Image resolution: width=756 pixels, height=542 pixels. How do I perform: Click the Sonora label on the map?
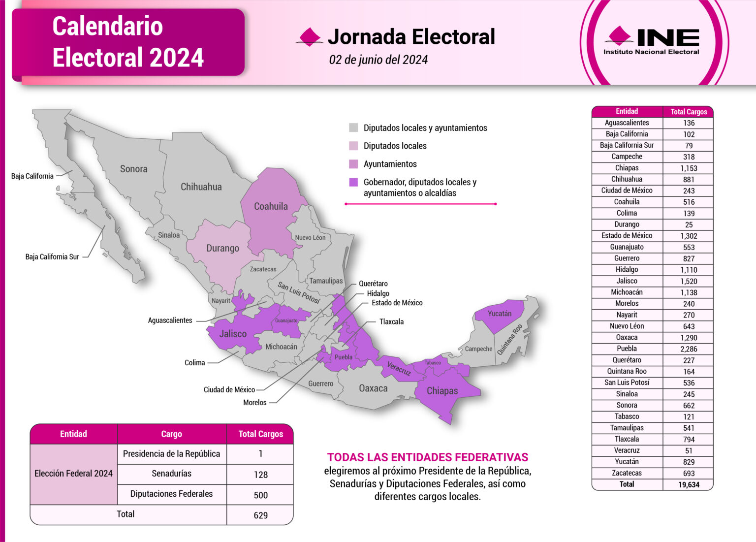pyautogui.click(x=133, y=169)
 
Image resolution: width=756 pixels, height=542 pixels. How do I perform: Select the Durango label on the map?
pyautogui.click(x=222, y=248)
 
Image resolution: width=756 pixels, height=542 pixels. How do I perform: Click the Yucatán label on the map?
pyautogui.click(x=499, y=314)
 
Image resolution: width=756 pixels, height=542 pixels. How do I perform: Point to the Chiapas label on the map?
pyautogui.click(x=442, y=391)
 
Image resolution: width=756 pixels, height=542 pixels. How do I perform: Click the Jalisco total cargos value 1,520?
pyautogui.click(x=689, y=281)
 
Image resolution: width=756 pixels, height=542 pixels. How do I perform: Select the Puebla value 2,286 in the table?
pyautogui.click(x=689, y=349)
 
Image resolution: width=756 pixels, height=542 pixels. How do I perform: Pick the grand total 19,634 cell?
pyautogui.click(x=689, y=485)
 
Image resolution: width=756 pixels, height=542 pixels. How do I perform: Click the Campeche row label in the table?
pyautogui.click(x=627, y=157)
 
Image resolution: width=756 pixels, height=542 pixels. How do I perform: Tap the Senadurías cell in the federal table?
pyautogui.click(x=171, y=474)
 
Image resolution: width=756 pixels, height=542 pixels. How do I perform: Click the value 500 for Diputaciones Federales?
pyautogui.click(x=260, y=495)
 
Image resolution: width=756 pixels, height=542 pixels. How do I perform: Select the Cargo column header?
pyautogui.click(x=171, y=434)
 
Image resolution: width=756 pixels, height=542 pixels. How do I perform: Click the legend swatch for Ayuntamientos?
pyautogui.click(x=353, y=164)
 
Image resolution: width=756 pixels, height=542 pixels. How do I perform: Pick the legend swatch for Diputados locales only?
pyautogui.click(x=353, y=146)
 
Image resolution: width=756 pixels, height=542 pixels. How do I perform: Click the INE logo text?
pyautogui.click(x=667, y=37)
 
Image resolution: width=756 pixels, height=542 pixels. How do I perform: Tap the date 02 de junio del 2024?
pyautogui.click(x=378, y=60)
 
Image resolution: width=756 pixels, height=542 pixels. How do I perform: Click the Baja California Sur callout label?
pyautogui.click(x=52, y=257)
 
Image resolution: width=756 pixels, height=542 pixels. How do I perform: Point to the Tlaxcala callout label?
pyautogui.click(x=391, y=322)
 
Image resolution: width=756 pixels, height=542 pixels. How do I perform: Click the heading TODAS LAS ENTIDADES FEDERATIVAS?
pyautogui.click(x=428, y=457)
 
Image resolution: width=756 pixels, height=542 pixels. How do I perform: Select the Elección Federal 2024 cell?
pyautogui.click(x=73, y=474)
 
